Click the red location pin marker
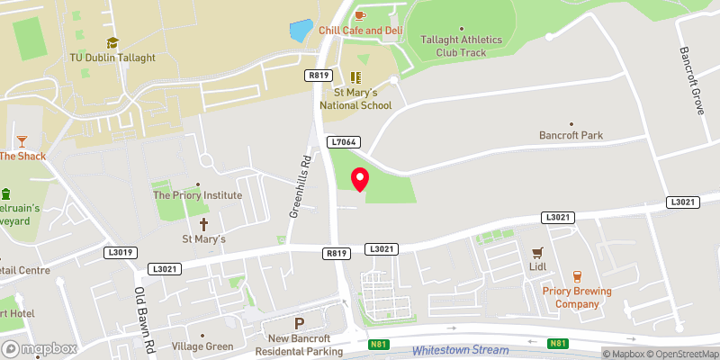360,179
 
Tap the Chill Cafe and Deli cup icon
360,15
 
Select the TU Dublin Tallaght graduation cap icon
112,42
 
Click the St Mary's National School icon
356,77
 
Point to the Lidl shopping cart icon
538,254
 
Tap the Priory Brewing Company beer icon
577,276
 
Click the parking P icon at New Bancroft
300,323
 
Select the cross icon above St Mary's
203,223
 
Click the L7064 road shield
345,142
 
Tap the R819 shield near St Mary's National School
316,76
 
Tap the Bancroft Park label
571,136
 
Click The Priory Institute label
197,194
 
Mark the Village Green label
202,346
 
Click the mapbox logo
39,348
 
